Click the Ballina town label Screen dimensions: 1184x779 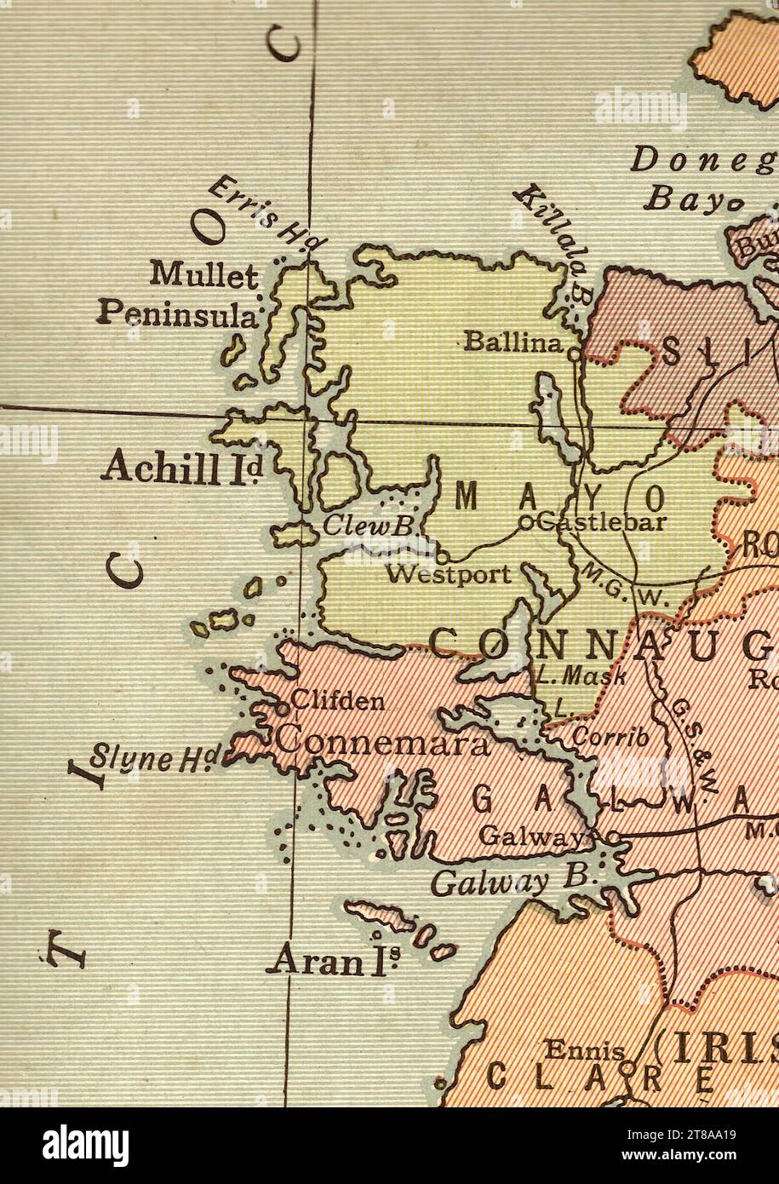(513, 343)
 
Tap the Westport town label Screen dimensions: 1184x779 (449, 574)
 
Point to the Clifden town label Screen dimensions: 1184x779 (337, 703)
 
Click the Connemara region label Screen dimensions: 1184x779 (384, 740)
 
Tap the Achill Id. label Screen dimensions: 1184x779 (181, 468)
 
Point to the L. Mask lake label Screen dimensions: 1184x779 (581, 677)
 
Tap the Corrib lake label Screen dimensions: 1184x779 (610, 737)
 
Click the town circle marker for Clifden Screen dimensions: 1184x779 (283, 705)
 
